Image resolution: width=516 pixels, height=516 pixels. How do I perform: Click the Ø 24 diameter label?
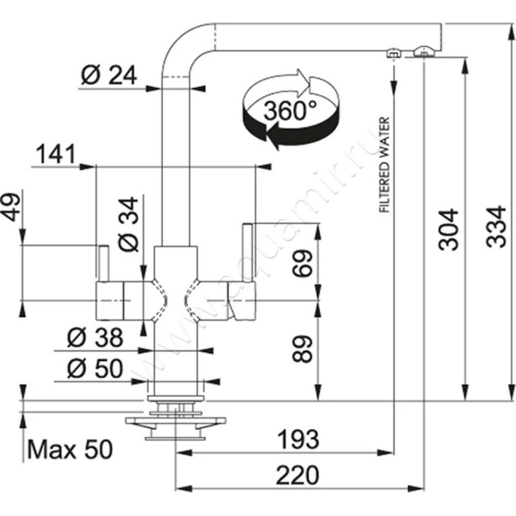(109, 75)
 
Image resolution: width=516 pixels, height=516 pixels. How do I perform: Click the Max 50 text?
(70, 448)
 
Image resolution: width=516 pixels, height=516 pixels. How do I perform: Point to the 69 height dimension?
(304, 261)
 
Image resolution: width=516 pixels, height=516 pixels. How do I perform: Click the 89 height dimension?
(304, 349)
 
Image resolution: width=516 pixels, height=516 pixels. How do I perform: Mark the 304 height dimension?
(447, 229)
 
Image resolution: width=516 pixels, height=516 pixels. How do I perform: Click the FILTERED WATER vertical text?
(384, 164)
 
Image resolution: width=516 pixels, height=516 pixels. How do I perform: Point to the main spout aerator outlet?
(424, 51)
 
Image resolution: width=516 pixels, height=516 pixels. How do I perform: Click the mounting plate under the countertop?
(175, 422)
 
